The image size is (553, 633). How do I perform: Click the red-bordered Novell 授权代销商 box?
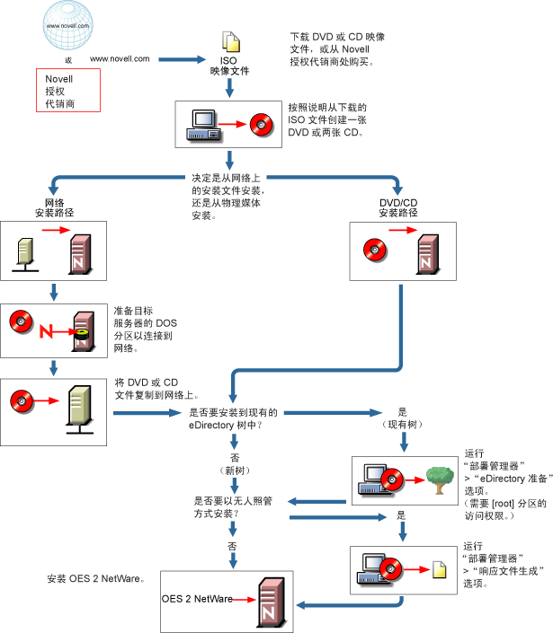(67, 91)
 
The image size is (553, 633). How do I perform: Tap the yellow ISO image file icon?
(231, 41)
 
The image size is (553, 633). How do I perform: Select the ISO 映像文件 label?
(228, 66)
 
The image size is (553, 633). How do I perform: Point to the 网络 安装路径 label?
(54, 207)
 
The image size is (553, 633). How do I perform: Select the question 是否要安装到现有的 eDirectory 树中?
(232, 418)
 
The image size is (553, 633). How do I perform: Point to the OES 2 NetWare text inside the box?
(197, 599)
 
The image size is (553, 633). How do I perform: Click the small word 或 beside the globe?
(67, 58)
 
